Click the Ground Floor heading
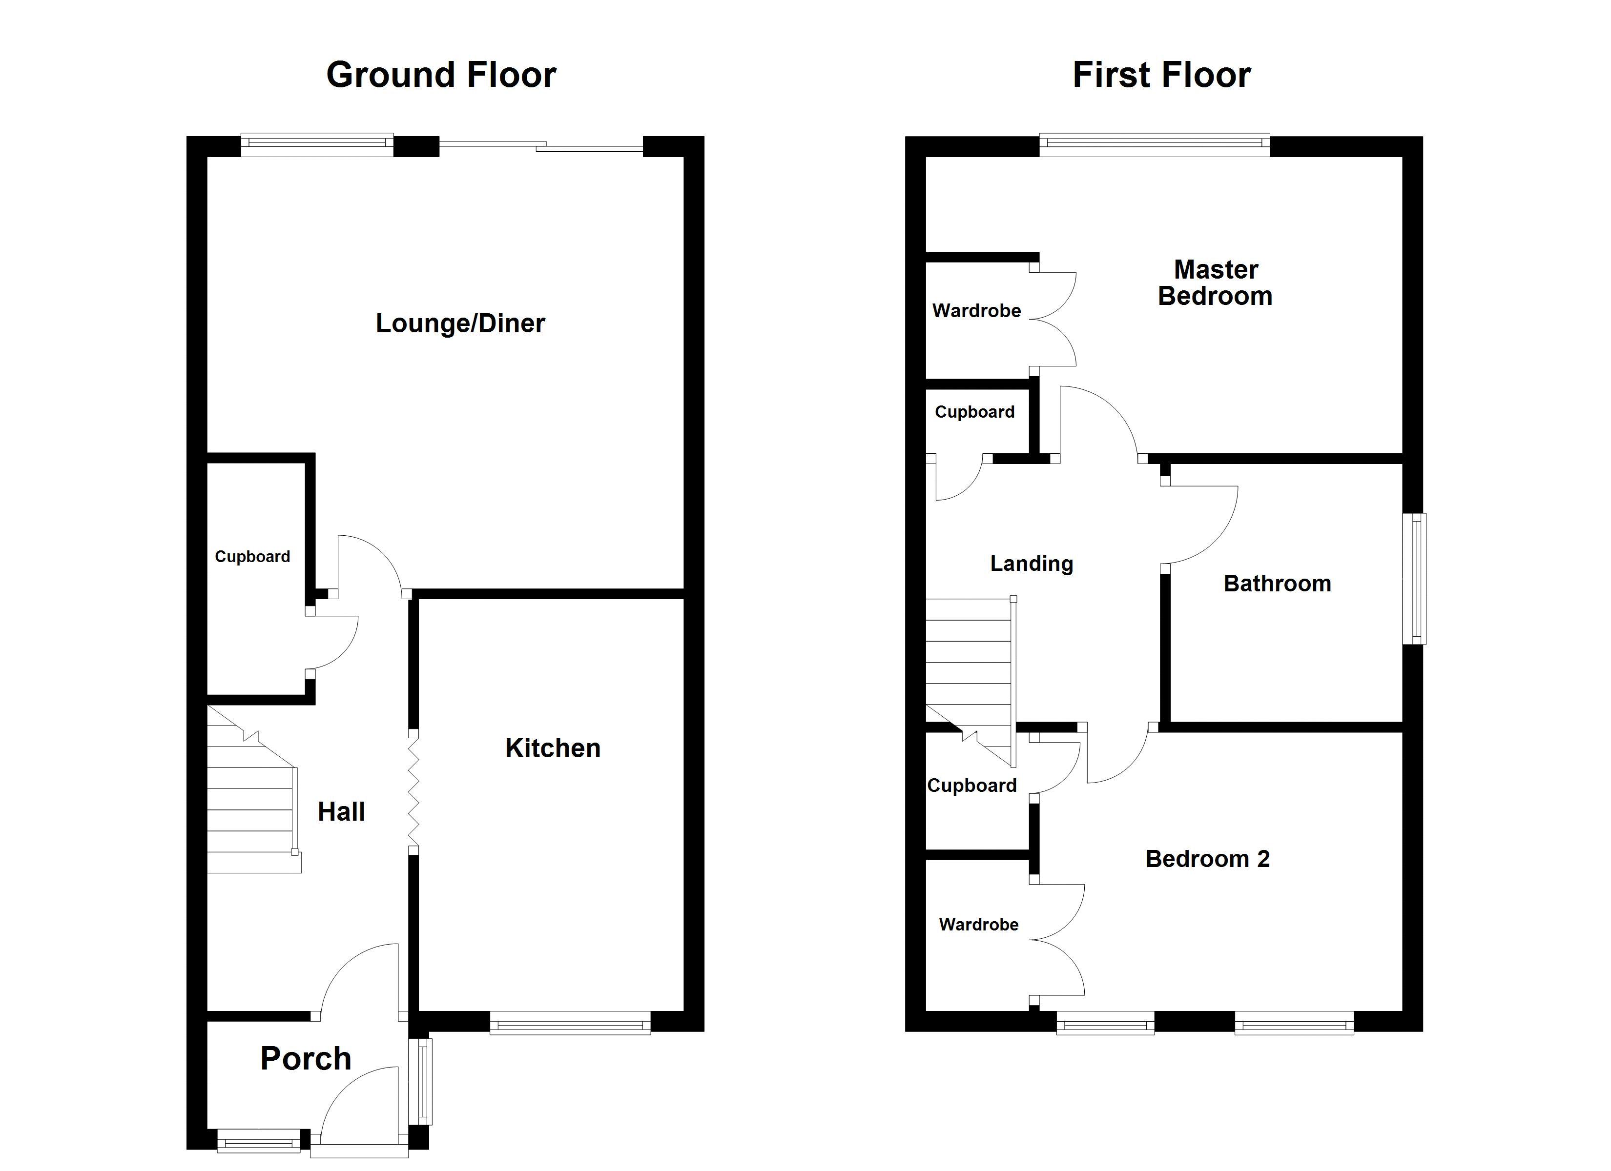441,75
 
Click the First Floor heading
1161,75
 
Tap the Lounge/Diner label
460,324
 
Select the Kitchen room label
553,748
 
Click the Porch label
306,1059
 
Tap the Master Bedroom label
1216,283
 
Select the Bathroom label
1277,584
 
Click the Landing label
1032,564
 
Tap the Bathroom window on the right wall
1414,579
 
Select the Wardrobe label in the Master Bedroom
977,311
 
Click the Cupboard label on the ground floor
252,557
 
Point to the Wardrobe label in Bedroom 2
979,925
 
